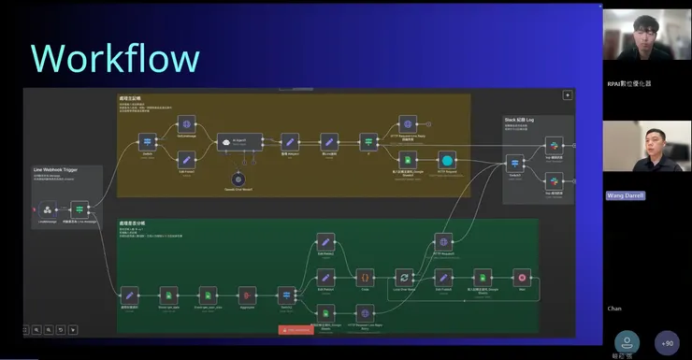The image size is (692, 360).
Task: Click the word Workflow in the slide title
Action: click(115, 57)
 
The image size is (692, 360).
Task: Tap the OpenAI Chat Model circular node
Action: click(238, 179)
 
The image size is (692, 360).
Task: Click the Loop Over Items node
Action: click(403, 278)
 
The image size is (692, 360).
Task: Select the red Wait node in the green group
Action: click(522, 278)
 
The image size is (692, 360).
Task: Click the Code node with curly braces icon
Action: click(364, 278)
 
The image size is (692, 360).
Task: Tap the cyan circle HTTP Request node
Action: click(447, 162)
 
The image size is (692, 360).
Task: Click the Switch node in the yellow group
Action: click(147, 143)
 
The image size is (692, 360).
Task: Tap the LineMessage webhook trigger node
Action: click(47, 209)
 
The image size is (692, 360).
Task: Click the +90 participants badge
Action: click(667, 343)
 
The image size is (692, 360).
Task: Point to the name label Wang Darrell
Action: click(626, 195)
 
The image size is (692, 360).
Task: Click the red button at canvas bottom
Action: click(296, 329)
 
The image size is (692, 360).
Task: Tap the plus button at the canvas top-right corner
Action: click(567, 94)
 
